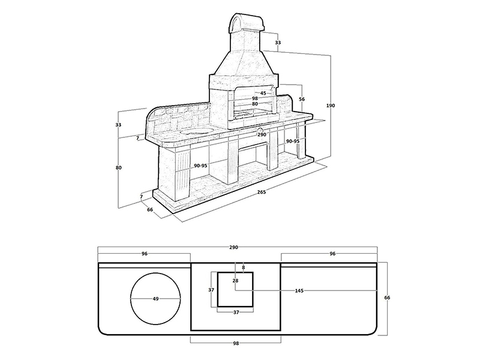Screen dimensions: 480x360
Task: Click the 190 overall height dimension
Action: click(x=331, y=106)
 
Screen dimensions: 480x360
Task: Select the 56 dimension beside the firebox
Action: click(x=302, y=99)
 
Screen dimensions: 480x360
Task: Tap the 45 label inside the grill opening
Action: click(x=263, y=93)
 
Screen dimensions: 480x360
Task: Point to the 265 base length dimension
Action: click(x=262, y=192)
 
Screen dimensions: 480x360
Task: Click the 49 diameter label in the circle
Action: click(x=155, y=299)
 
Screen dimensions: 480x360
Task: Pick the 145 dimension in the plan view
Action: click(x=299, y=291)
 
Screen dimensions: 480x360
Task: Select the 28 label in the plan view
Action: click(x=235, y=280)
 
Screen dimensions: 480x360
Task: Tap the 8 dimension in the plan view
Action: click(x=244, y=268)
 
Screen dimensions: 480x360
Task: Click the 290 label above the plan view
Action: click(x=233, y=247)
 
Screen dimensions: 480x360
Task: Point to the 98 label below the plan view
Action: click(x=236, y=343)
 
